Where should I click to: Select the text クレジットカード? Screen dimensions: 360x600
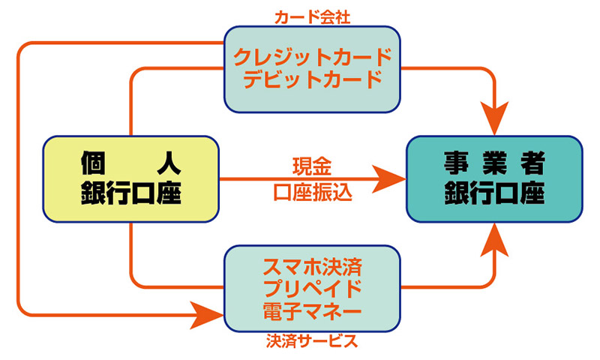(313, 57)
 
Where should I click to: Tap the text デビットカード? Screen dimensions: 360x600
(313, 79)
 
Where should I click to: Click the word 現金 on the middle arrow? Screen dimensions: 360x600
(312, 163)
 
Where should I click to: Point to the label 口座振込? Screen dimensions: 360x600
(312, 191)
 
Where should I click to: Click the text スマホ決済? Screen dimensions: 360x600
(313, 267)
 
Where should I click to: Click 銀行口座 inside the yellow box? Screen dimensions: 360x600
(132, 193)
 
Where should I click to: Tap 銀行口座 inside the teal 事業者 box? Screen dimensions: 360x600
(493, 193)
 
